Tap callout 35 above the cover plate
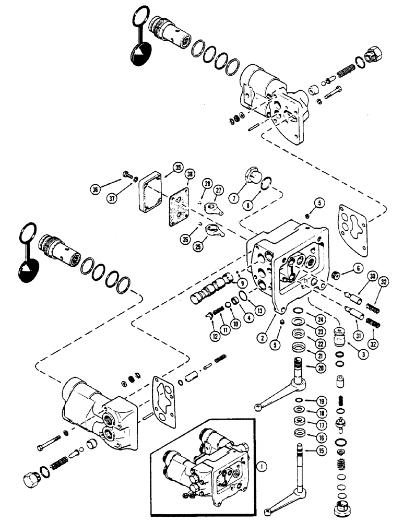[x=177, y=168]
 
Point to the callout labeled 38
[x=189, y=176]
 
